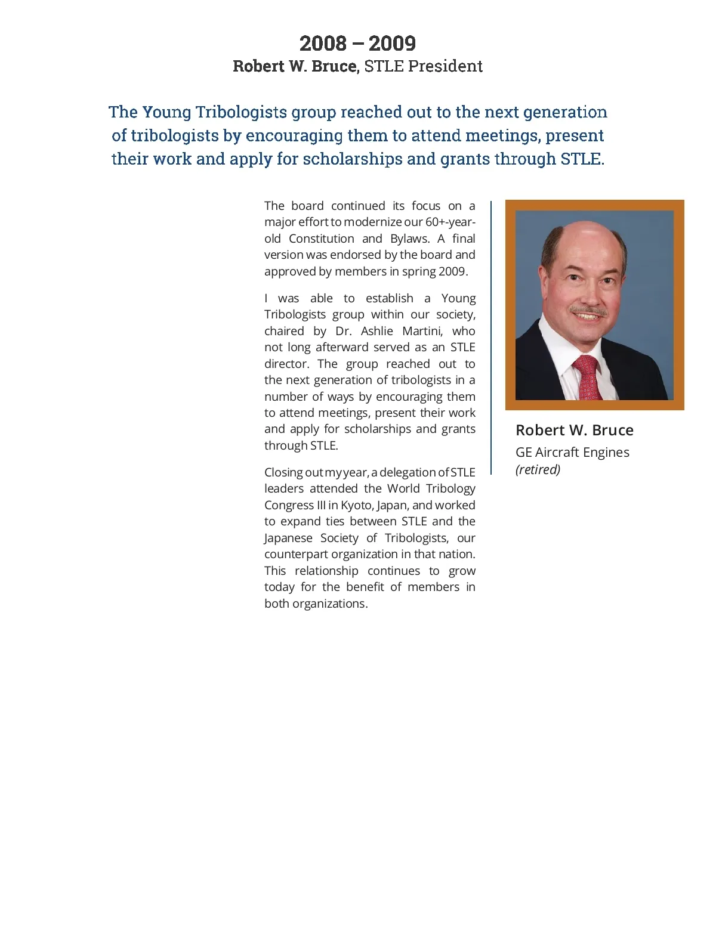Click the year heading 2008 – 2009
[x=357, y=44]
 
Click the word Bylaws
[x=410, y=239]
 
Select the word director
[x=286, y=364]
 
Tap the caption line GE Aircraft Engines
[x=572, y=452]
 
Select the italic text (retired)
[x=538, y=469]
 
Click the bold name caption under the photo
[x=574, y=430]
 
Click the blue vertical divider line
[x=491, y=338]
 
